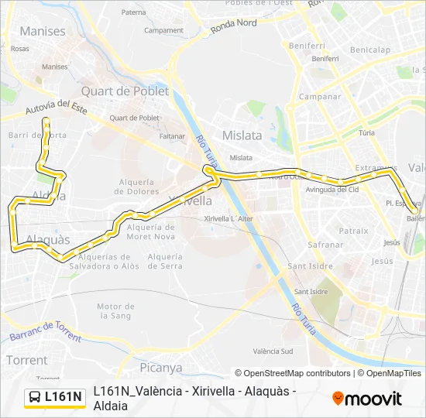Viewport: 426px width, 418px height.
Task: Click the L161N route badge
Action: coord(55,397)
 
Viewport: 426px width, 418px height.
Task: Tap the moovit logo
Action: coord(367,399)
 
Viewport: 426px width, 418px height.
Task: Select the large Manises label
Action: coord(43,32)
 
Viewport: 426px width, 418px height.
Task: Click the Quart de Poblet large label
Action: coord(125,91)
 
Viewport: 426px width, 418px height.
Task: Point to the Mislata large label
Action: coord(242,135)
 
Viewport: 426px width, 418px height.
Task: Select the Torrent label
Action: coord(26,360)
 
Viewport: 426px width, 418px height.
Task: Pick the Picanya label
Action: coord(161,367)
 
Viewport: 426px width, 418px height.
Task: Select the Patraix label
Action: coord(353,230)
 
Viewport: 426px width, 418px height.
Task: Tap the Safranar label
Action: coord(304,244)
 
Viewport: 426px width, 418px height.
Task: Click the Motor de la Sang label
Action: coord(116,310)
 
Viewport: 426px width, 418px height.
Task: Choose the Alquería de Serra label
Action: coord(164,261)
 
